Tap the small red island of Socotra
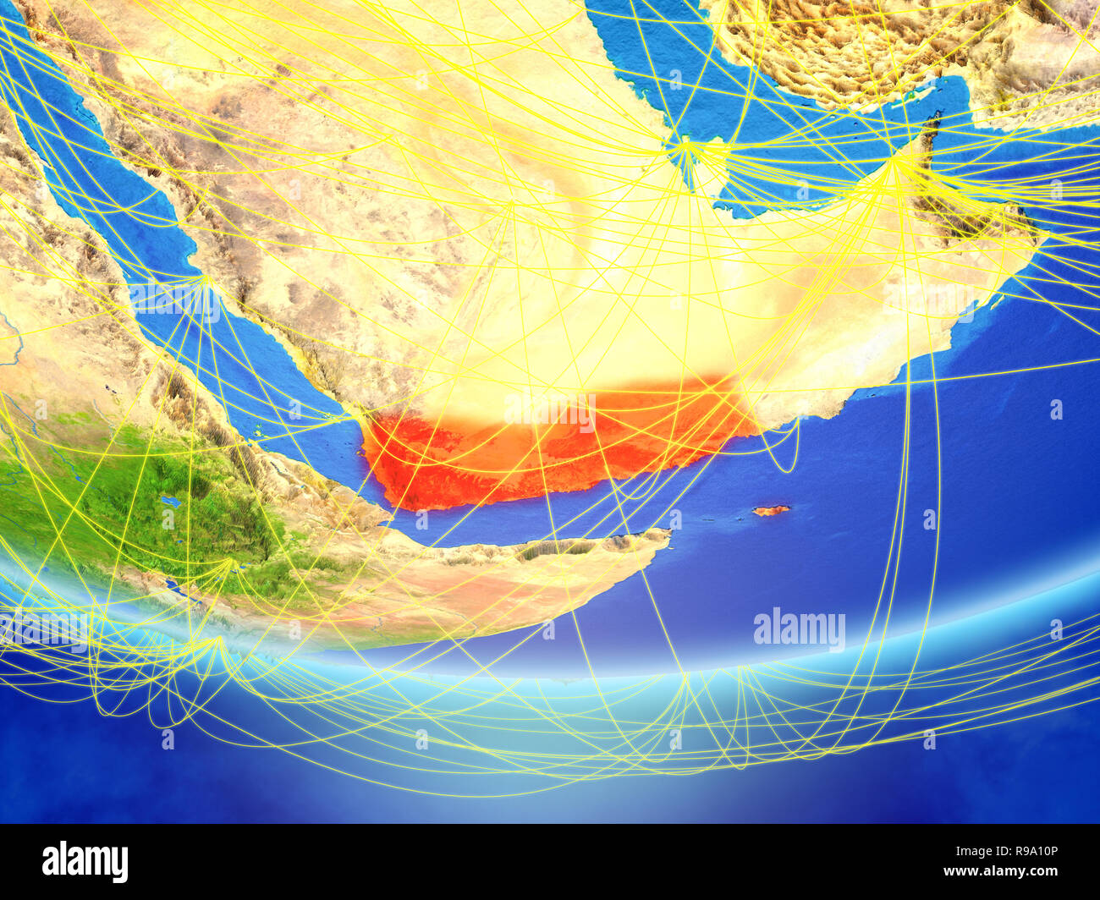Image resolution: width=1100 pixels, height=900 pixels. [771, 510]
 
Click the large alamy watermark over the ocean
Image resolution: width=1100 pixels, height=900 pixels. [799, 629]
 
